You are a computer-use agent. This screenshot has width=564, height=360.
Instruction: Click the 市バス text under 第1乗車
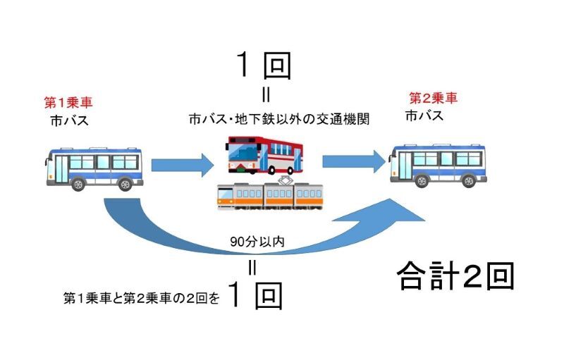[x=69, y=121]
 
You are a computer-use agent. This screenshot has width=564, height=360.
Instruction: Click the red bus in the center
[x=264, y=156]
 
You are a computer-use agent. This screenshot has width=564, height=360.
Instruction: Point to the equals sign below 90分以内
[x=251, y=267]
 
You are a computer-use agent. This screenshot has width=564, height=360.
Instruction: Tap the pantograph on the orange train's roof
[x=287, y=179]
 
